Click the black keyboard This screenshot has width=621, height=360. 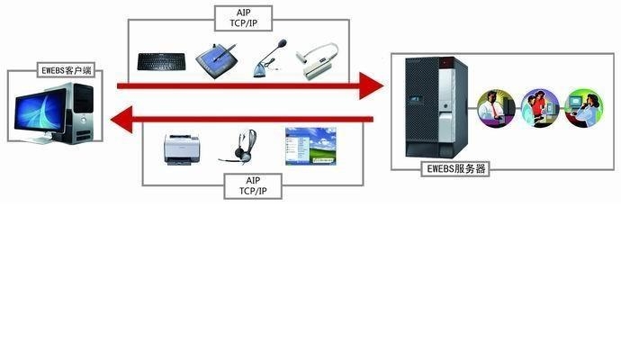[161, 61]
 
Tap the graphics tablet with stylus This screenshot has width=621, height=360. [217, 59]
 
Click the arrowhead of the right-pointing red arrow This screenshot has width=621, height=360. [372, 85]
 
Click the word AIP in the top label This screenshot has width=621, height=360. [244, 12]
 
